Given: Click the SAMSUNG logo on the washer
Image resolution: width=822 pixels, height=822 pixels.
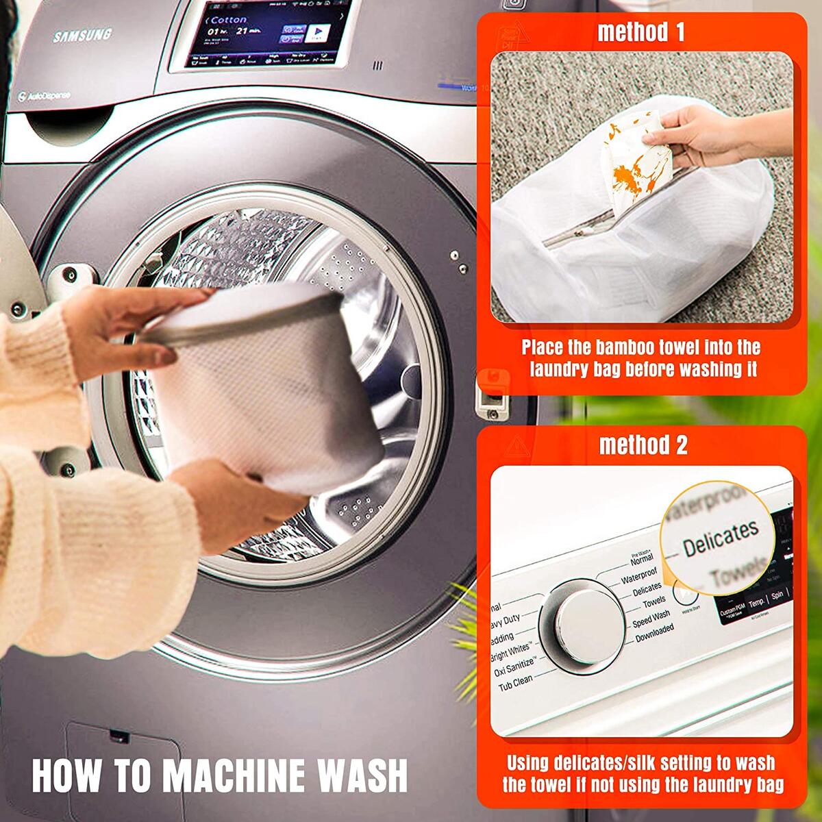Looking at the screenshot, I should (82, 36).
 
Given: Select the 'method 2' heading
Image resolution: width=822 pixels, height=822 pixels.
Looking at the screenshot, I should (643, 445).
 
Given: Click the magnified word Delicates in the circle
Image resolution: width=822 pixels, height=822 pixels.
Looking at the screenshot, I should (721, 538).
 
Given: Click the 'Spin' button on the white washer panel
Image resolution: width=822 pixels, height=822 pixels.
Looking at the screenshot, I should (777, 597).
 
